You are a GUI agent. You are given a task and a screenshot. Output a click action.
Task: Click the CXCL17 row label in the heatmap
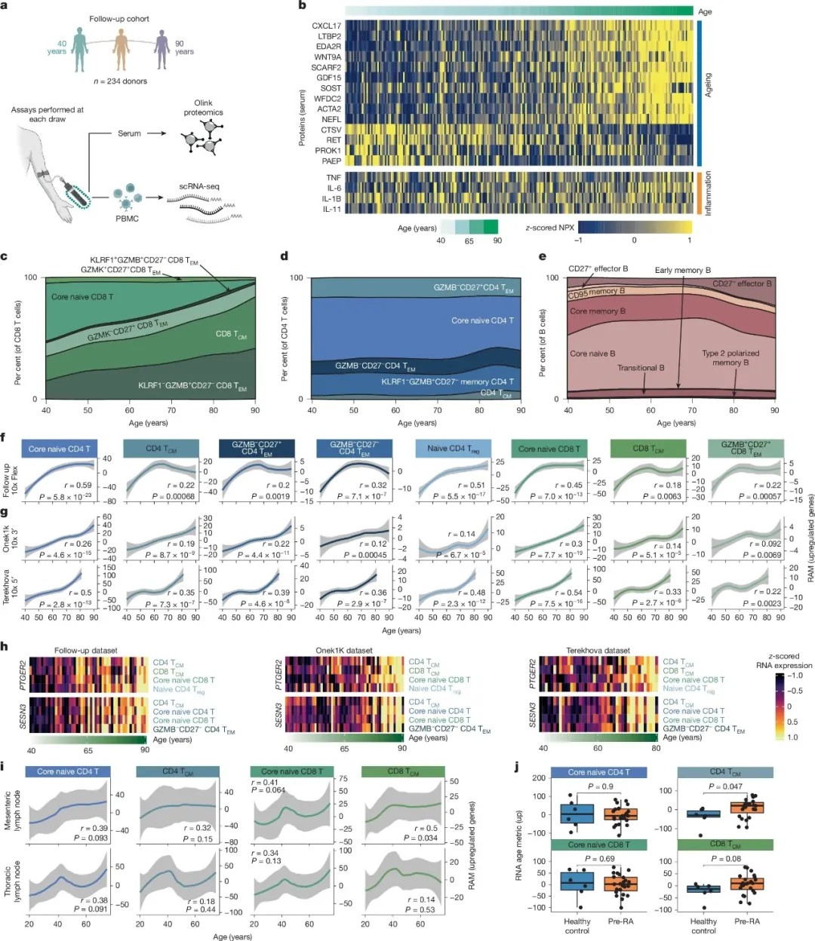point(326,26)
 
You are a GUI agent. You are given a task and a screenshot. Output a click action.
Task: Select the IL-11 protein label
point(331,210)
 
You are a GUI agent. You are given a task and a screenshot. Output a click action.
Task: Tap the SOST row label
point(331,88)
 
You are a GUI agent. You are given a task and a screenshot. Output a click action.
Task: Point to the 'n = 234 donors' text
point(120,81)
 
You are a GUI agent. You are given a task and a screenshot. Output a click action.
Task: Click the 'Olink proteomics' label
point(203,108)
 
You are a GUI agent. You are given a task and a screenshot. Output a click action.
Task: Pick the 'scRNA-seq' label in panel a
point(199,186)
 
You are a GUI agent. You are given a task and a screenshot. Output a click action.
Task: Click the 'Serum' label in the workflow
point(129,133)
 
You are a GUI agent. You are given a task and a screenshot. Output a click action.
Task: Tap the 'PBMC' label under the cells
point(126,219)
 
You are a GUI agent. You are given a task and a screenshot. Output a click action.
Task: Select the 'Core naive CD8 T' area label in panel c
point(82,296)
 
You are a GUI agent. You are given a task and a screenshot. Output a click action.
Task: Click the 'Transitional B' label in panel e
point(641,368)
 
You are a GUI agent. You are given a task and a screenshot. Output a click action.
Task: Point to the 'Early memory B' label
point(682,270)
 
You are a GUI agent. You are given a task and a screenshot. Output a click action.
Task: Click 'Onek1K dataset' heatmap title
point(343,650)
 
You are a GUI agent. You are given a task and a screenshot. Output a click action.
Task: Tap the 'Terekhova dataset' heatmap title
point(598,650)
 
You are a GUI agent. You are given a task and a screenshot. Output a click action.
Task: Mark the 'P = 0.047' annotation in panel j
point(724,786)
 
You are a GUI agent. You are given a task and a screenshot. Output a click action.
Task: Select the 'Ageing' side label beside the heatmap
point(708,84)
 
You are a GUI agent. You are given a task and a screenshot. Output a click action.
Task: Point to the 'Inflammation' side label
point(708,193)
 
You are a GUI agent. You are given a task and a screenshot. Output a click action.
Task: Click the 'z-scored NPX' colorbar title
point(549,228)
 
